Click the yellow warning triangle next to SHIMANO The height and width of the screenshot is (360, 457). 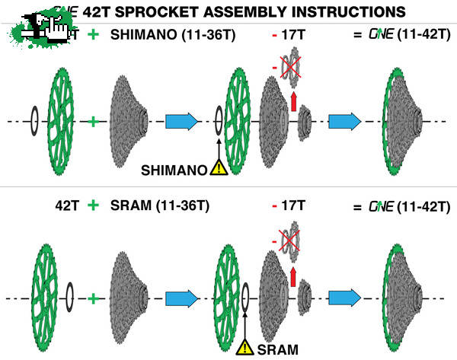point(219,169)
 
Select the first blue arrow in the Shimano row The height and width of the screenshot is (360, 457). point(181,120)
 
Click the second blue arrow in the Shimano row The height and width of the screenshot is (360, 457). point(344,120)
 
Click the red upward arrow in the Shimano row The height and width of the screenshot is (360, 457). point(293,101)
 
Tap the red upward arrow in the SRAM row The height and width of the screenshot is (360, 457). point(293,273)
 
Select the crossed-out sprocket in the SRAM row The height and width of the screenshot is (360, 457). point(289,242)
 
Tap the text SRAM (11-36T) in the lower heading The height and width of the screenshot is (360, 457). point(155,205)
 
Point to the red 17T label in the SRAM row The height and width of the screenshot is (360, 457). point(288,205)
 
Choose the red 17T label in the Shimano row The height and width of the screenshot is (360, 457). point(288,35)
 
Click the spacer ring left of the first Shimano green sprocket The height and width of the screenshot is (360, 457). point(34,120)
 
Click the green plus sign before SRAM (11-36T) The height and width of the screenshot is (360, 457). point(92,205)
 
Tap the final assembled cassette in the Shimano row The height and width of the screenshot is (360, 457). point(404,120)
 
